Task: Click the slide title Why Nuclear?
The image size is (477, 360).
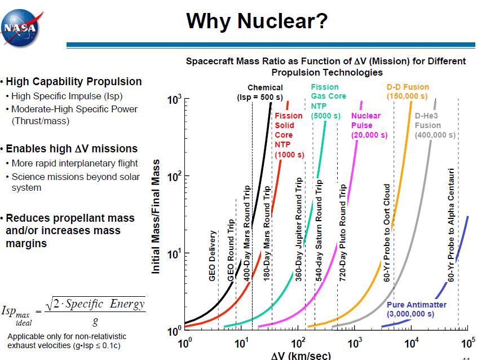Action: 257,21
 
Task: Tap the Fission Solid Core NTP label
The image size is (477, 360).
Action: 289,135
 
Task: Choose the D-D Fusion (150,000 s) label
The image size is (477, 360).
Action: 408,91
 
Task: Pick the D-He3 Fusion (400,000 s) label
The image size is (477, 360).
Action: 435,125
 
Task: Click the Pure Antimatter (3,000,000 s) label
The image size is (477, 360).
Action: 417,309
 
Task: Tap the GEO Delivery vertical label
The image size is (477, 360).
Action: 213,256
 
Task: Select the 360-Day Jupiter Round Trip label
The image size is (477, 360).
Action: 299,230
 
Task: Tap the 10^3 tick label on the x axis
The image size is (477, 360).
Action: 355,344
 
